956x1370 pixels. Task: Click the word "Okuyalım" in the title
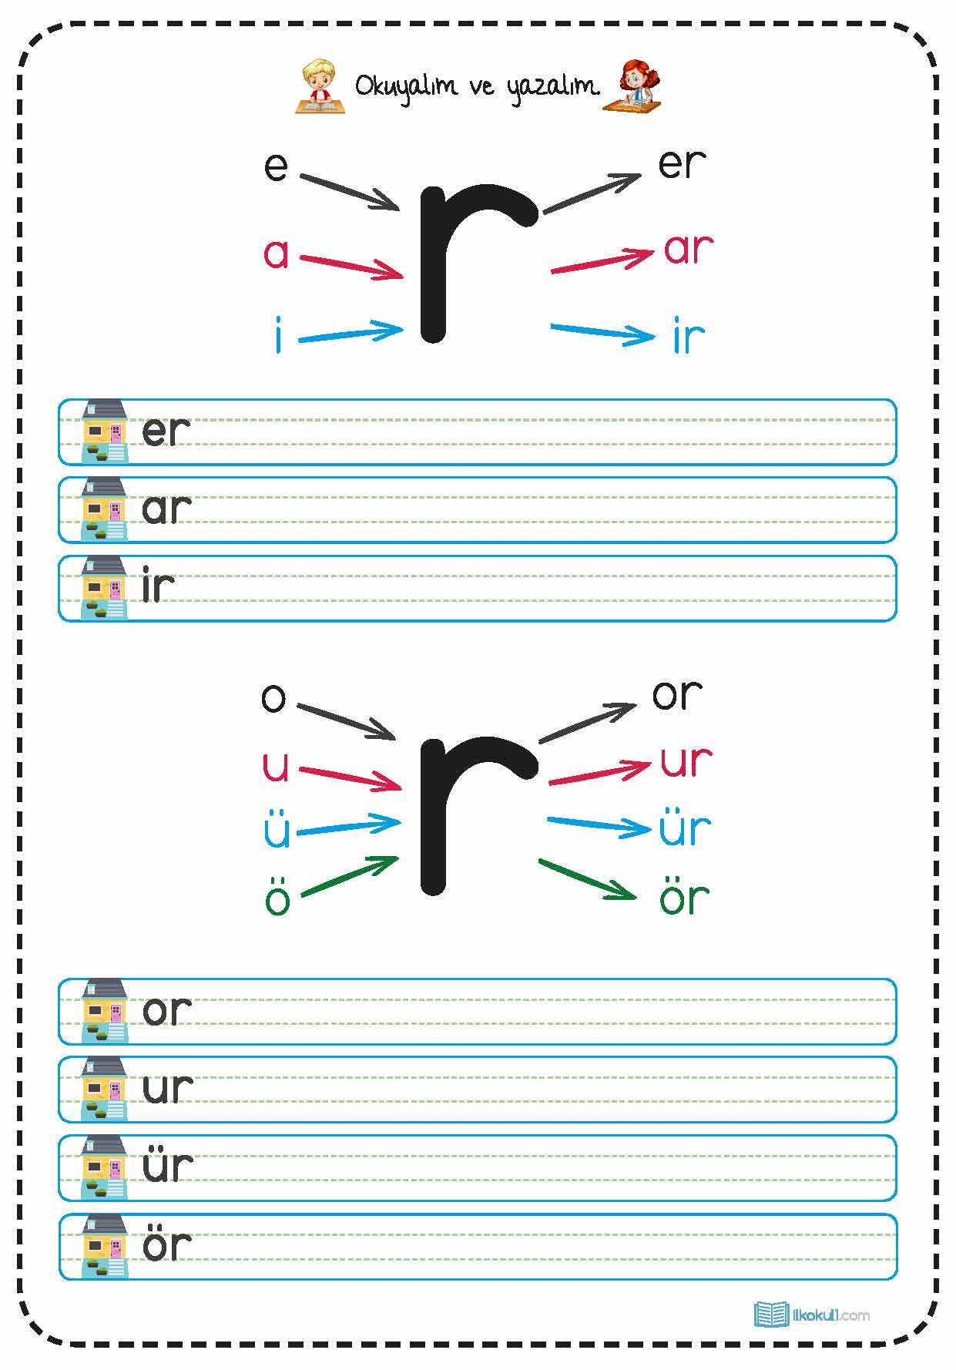pyautogui.click(x=405, y=86)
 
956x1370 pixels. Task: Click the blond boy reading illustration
pyautogui.click(x=319, y=86)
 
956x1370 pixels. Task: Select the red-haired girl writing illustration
pyautogui.click(x=634, y=86)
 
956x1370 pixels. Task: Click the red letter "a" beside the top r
pyautogui.click(x=276, y=254)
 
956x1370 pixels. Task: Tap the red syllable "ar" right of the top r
pyautogui.click(x=688, y=249)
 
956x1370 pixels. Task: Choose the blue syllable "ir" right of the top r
pyautogui.click(x=688, y=337)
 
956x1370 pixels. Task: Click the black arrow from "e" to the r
pyautogui.click(x=349, y=192)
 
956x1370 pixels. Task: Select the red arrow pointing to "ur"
pyautogui.click(x=599, y=773)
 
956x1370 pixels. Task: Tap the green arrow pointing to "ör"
pyautogui.click(x=587, y=879)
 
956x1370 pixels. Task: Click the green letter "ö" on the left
pyautogui.click(x=277, y=898)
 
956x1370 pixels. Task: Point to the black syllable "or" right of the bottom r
pyautogui.click(x=677, y=694)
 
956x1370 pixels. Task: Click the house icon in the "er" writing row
pyautogui.click(x=105, y=431)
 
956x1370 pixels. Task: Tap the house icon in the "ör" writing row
pyautogui.click(x=105, y=1246)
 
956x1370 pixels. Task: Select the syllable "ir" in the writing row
pyautogui.click(x=158, y=587)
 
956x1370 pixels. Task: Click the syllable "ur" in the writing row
pyautogui.click(x=167, y=1088)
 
